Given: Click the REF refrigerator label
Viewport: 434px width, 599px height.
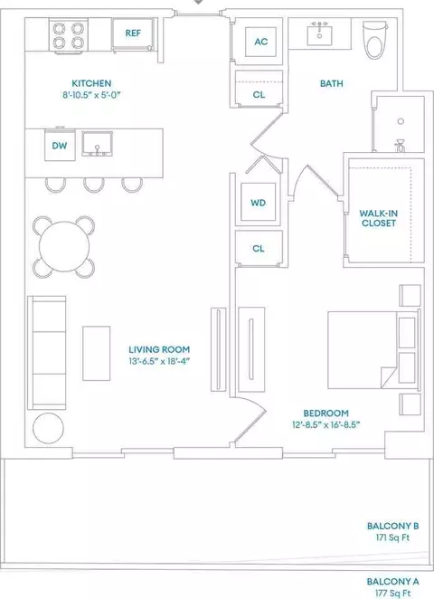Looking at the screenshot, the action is pos(133,33).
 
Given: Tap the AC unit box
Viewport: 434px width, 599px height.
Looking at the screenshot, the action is pos(260,42).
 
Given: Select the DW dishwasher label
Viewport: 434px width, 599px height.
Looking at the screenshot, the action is pos(60,146).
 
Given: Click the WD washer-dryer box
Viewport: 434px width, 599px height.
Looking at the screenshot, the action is pos(258,202).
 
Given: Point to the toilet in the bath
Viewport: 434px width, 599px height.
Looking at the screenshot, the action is pos(375,39).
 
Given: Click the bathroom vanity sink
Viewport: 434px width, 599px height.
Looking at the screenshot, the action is pos(319,33).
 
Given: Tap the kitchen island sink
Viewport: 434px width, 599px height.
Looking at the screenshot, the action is pos(98,144).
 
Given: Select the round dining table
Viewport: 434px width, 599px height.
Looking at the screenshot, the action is pos(64,247).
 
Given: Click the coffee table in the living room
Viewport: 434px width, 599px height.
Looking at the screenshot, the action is pos(97,354).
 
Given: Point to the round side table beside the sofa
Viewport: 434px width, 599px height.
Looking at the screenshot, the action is pos(49,428).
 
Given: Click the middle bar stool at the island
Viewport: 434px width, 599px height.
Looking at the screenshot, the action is pos(94,185).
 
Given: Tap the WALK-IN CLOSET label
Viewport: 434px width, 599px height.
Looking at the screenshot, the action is pos(378,218).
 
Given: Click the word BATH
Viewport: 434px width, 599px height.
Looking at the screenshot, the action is pos(331,83).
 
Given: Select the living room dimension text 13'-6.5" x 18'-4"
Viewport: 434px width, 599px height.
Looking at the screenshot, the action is pos(159,361).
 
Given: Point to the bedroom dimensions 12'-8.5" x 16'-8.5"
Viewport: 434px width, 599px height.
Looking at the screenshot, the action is pos(326,424).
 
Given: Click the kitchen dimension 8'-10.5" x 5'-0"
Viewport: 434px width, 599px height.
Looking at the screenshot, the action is pos(91,95).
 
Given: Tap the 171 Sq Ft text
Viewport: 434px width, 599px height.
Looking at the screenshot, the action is pos(392,537).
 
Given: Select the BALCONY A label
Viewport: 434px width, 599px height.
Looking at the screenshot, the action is pos(392,582).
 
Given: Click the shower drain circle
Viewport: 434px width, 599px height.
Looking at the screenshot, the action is pos(401,121).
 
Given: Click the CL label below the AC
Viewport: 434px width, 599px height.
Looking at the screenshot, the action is pos(259,94).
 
